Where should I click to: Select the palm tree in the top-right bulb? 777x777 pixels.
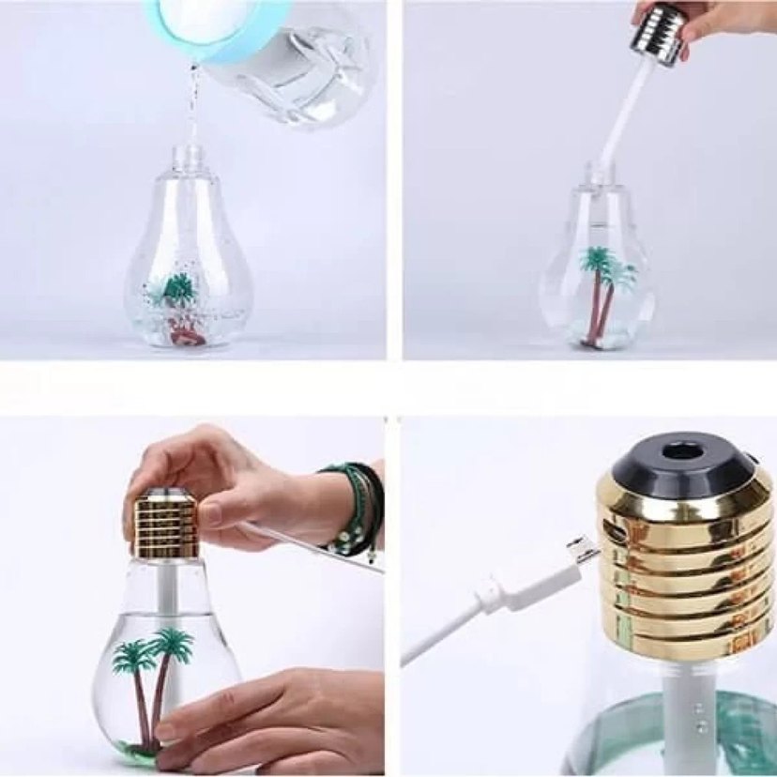601,291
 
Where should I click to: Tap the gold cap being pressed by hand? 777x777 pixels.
165,526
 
